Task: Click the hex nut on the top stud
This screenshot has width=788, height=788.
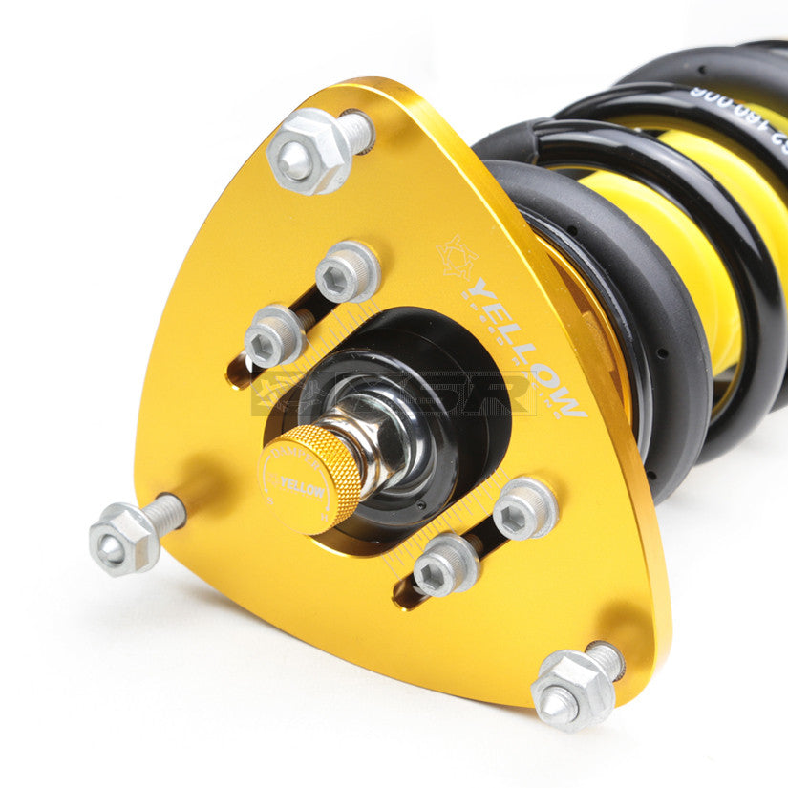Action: coord(307,152)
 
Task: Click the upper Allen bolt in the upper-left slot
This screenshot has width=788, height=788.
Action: coord(348,272)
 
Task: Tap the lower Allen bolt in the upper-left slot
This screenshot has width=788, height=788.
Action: coord(274,336)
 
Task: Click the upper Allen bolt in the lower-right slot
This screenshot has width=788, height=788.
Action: coord(523,508)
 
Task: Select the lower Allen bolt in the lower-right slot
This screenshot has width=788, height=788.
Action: coord(444,564)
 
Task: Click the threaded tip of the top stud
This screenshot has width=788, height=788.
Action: coord(356,129)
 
